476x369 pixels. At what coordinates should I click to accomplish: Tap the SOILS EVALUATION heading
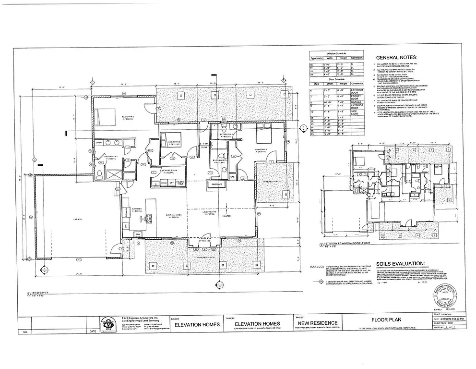pos(400,263)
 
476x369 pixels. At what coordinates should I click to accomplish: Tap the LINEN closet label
pos(99,143)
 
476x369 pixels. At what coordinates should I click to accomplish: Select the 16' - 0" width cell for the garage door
pos(328,102)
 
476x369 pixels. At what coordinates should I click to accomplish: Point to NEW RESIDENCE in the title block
pos(317,322)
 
